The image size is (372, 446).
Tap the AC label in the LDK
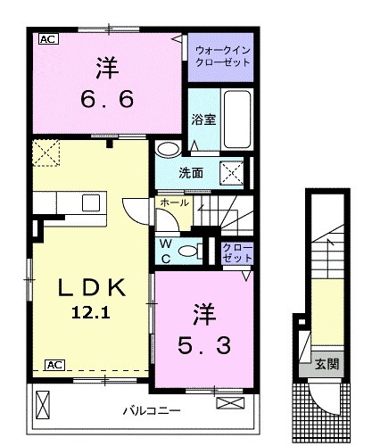click(54, 364)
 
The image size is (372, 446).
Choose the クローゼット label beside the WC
click(237, 252)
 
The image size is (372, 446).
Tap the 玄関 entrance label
click(326, 363)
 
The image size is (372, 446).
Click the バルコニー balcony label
click(151, 411)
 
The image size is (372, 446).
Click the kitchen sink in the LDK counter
click(92, 202)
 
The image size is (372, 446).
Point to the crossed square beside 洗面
click(229, 171)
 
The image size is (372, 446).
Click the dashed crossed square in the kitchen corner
click(45, 153)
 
